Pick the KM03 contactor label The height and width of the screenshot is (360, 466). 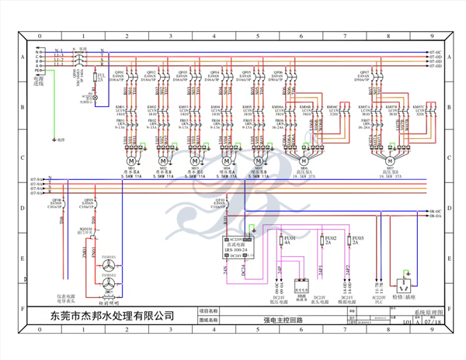(x=184, y=106)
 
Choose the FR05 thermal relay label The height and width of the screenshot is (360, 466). (x=248, y=120)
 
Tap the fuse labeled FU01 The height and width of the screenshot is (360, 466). (x=287, y=240)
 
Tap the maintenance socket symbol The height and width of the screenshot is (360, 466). (x=403, y=275)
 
